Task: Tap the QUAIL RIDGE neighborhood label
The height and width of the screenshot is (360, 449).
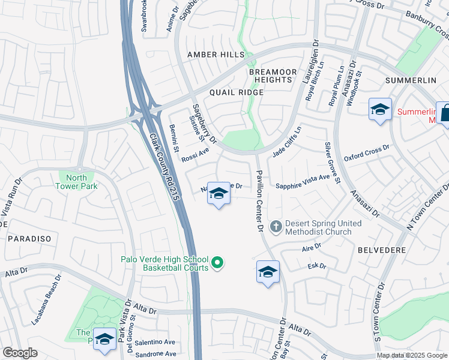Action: tap(237, 92)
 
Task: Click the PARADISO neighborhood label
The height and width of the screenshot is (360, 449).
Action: tap(29, 239)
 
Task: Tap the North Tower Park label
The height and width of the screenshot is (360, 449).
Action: tap(77, 182)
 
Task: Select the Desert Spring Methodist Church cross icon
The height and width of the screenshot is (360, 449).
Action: tap(276, 227)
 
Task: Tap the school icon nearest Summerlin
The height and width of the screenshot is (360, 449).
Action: tap(379, 110)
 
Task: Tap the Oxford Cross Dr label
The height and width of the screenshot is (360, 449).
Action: tap(366, 153)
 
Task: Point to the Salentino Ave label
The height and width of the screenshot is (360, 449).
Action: tap(154, 342)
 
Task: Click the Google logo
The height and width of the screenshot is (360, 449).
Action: tap(20, 353)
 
